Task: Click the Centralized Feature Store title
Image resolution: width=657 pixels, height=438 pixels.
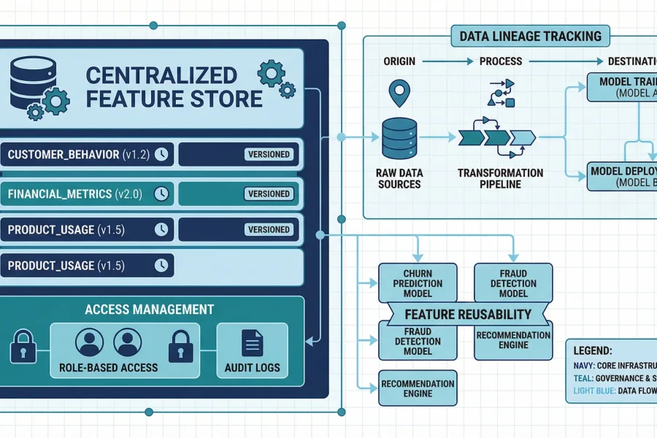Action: tap(174, 86)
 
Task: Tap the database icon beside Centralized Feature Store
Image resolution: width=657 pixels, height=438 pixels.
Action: tap(34, 84)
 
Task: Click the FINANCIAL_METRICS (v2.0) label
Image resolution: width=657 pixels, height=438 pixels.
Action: tap(80, 193)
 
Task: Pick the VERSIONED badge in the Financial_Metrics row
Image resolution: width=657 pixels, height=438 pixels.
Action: tap(269, 193)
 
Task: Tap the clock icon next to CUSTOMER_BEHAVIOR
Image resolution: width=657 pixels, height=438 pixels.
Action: tap(161, 154)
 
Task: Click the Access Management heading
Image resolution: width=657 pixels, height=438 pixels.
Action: tap(149, 309)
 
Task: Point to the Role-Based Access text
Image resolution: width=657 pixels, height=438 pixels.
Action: tap(108, 367)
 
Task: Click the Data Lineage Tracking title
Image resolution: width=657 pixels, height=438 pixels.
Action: tap(531, 36)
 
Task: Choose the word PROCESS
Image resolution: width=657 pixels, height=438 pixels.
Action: tap(500, 61)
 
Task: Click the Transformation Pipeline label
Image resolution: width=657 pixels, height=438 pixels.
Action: tap(500, 179)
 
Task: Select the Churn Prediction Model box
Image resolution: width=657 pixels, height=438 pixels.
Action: tap(418, 283)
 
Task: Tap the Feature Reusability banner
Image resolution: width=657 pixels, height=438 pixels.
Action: tap(469, 315)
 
